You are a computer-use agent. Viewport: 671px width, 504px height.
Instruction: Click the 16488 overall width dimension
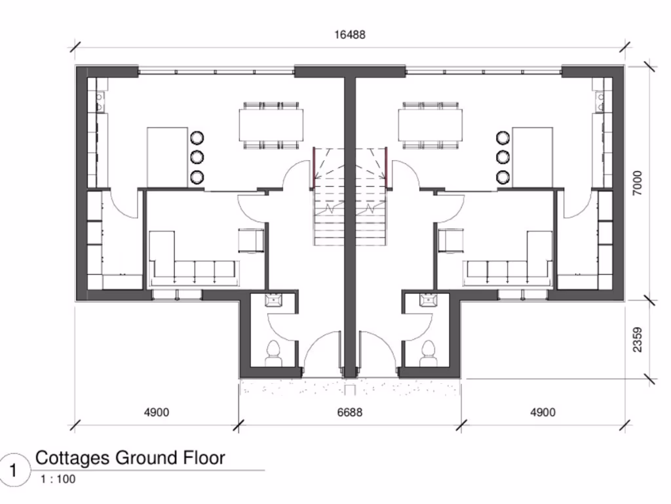(349, 35)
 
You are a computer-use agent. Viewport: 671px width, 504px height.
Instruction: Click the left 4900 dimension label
(156, 412)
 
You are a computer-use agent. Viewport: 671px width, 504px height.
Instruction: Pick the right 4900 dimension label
(542, 412)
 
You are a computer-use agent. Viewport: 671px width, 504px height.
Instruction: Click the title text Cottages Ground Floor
(130, 457)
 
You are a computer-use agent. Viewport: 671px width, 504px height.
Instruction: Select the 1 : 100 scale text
(58, 479)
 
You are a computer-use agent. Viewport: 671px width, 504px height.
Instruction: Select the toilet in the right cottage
(429, 352)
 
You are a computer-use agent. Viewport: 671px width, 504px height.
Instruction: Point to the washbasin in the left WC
(273, 301)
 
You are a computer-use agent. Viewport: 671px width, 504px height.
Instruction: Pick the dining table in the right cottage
(430, 125)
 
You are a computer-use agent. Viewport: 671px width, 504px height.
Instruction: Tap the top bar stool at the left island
(197, 138)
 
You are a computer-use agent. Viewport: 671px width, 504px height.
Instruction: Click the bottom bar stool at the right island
(503, 177)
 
